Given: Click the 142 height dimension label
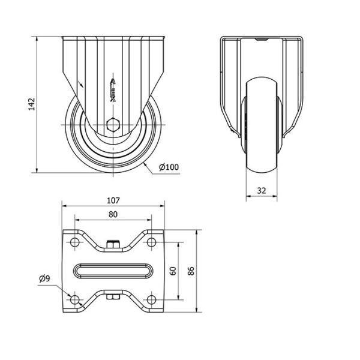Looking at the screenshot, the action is (31, 104).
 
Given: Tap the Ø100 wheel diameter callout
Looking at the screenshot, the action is (169, 167).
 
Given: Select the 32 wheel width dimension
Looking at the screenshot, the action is (262, 191).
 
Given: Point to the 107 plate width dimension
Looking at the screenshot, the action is (113, 200).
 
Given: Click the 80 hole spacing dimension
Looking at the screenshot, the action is (113, 214).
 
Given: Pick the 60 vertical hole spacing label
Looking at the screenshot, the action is (173, 271).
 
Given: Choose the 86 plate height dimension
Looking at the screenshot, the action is (191, 271).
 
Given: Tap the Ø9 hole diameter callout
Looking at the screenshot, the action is (44, 279).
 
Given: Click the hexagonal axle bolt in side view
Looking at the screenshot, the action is (113, 125).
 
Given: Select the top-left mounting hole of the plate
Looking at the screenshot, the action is (74, 242).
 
